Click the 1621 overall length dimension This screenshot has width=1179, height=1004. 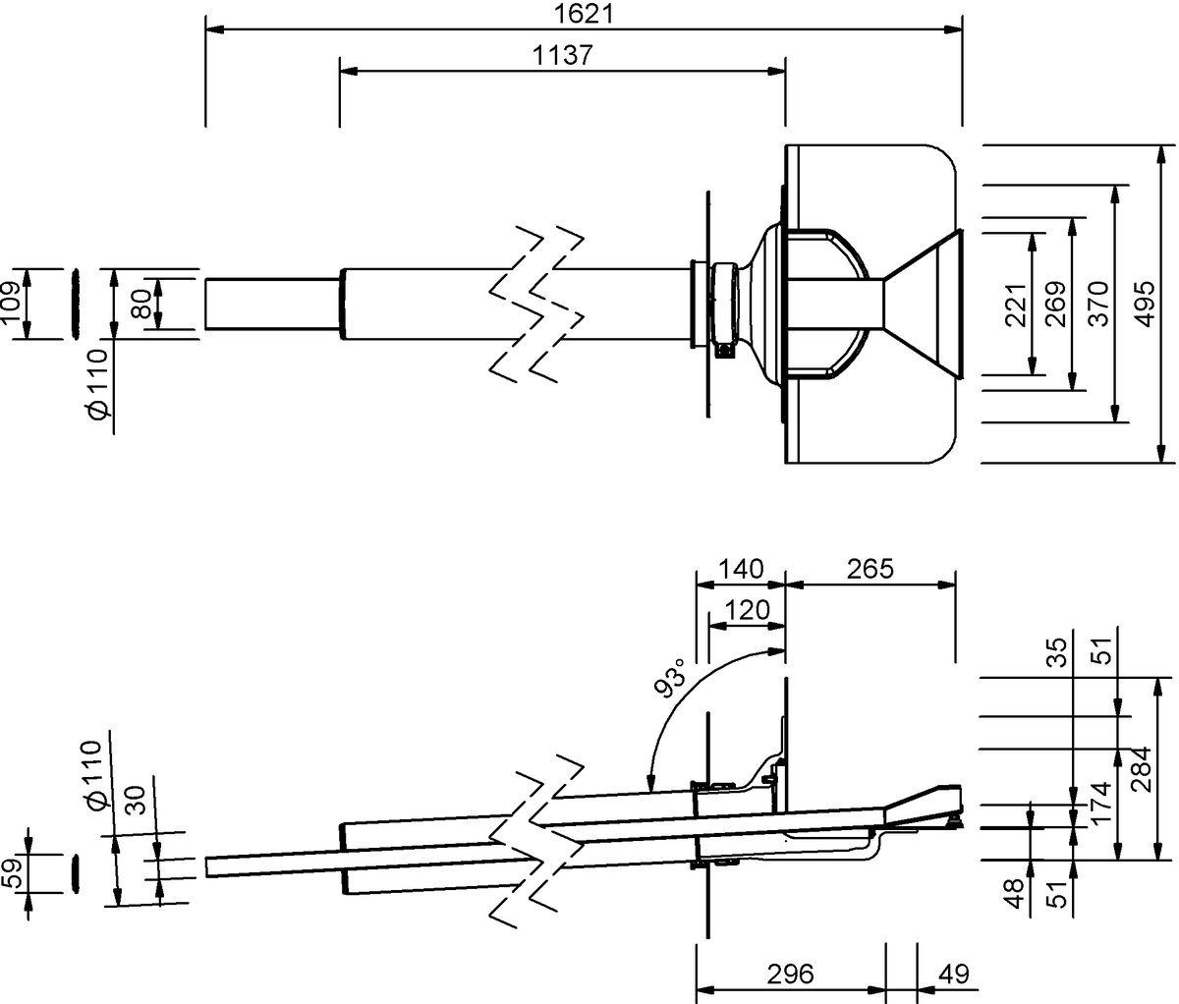click(584, 14)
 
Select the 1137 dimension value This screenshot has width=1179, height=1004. click(563, 55)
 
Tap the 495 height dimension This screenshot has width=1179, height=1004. click(1145, 305)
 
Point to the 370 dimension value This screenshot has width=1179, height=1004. click(1099, 305)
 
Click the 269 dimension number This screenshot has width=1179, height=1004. click(1056, 305)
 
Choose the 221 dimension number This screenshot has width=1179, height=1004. click(1016, 305)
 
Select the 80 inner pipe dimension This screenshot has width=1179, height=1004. click(140, 304)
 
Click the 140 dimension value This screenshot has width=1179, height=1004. click(741, 569)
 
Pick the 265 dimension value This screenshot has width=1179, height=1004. click(870, 569)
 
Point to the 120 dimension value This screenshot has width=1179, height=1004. click(748, 610)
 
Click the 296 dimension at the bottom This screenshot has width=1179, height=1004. click(791, 975)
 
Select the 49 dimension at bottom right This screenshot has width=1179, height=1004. click(954, 975)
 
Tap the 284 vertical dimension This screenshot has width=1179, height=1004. click(1142, 769)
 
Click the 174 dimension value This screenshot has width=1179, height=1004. click(1100, 802)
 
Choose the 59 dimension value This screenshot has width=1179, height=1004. click(12, 873)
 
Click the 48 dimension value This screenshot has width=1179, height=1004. click(1014, 893)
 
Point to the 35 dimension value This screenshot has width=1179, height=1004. click(1057, 652)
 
